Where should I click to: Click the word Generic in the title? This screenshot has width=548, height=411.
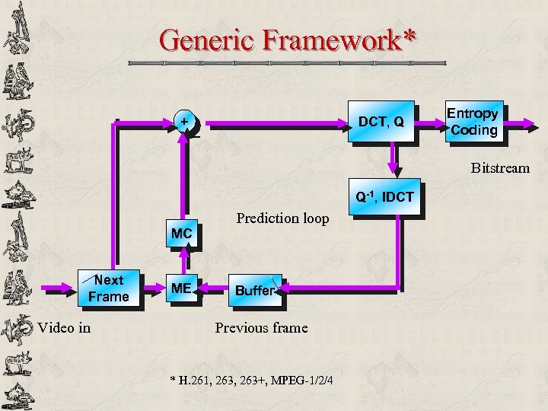208,40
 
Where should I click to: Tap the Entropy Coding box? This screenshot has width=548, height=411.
473,122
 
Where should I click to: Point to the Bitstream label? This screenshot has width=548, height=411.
499,167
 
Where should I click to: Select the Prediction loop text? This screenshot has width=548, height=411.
282,218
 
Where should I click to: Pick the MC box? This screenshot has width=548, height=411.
181,234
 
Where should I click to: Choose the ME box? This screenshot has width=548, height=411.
181,288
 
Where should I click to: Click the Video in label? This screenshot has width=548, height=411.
64,328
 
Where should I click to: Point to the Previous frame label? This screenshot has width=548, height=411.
261,328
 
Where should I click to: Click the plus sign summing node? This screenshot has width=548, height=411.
183,122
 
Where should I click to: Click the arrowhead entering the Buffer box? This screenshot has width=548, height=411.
289,289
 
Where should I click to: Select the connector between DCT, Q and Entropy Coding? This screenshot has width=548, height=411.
430,122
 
